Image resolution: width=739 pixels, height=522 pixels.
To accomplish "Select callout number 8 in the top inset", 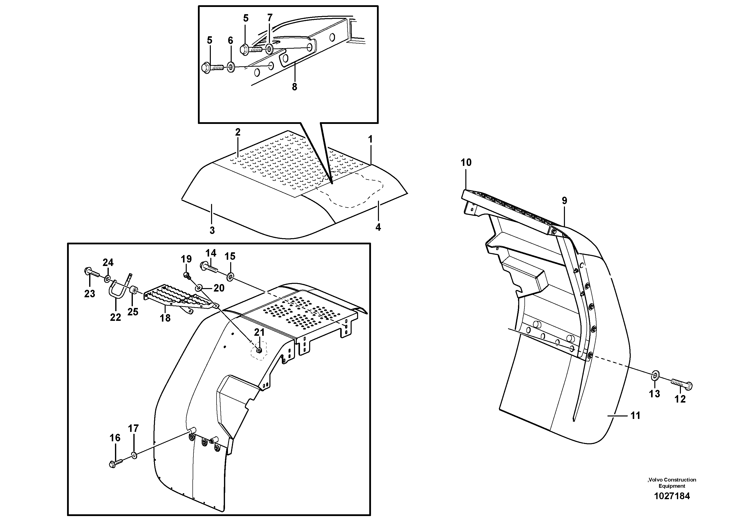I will pos(295,87).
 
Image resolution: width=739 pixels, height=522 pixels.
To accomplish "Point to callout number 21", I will pos(259,332).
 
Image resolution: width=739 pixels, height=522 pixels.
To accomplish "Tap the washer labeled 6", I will pos(231,60).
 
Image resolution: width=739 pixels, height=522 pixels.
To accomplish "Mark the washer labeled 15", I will pos(230,276).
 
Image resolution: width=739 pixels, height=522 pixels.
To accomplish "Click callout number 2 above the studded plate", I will pos(238,132).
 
